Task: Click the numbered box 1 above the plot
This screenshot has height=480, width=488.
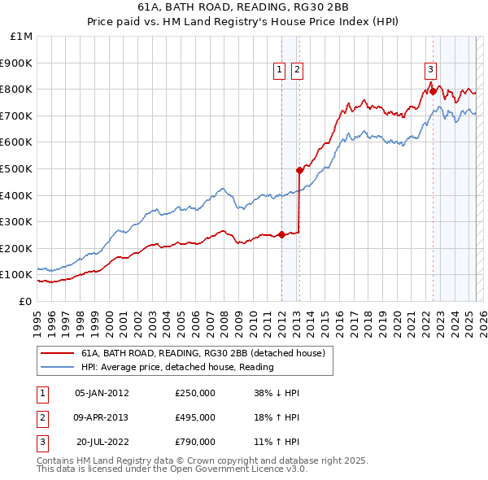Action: [280, 71]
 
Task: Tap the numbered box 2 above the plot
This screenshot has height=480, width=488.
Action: [297, 71]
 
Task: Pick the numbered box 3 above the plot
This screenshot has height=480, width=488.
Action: [430, 71]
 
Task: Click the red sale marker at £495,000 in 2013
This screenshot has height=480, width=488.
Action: [299, 170]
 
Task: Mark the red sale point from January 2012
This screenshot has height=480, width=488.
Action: [281, 235]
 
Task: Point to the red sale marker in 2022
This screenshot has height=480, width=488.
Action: [433, 92]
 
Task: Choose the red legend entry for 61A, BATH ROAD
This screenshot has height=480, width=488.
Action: [203, 353]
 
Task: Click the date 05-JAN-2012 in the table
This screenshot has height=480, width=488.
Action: [102, 393]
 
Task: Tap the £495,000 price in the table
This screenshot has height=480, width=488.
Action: [195, 417]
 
